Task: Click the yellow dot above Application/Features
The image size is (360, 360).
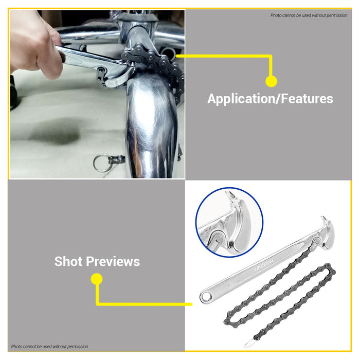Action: (271, 81)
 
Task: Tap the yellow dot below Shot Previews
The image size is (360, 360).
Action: (96, 279)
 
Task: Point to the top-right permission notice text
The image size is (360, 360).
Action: (309, 15)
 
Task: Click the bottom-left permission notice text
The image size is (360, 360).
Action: (50, 347)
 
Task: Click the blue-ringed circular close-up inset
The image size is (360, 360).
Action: (229, 222)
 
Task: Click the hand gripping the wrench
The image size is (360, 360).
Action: (33, 46)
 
